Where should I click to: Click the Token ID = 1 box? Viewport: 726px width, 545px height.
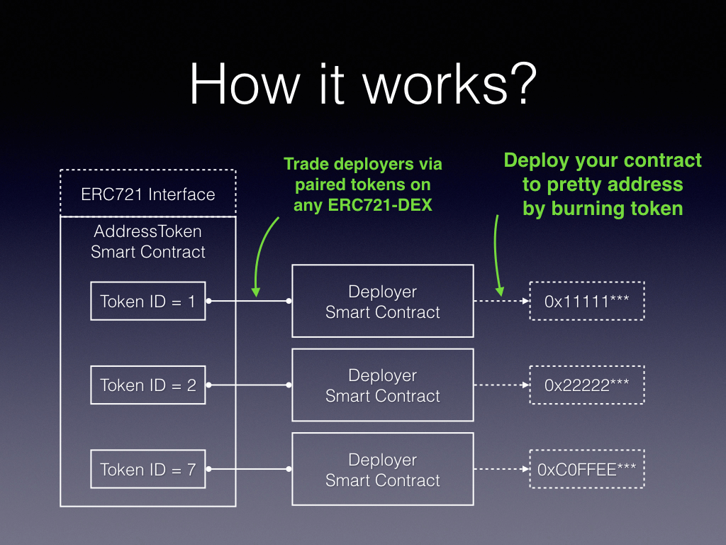[147, 301]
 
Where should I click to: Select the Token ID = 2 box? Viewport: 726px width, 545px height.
[147, 385]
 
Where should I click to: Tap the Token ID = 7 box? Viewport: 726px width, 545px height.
[147, 469]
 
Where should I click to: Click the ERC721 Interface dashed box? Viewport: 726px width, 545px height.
[147, 194]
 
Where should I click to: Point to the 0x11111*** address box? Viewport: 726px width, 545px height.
[586, 301]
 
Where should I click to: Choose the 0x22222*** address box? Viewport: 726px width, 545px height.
[586, 385]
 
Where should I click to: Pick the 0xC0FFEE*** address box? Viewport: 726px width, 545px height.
[586, 469]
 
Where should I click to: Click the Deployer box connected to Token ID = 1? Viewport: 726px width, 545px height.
[383, 301]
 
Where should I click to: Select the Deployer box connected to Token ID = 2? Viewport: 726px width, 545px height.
[383, 385]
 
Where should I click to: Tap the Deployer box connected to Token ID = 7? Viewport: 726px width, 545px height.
[383, 469]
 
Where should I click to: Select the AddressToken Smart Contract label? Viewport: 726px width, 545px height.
[148, 241]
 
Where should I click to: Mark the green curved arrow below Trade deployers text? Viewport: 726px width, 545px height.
[263, 255]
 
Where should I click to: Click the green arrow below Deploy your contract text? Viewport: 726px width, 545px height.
[498, 255]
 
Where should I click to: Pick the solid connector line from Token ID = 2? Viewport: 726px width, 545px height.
[248, 385]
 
